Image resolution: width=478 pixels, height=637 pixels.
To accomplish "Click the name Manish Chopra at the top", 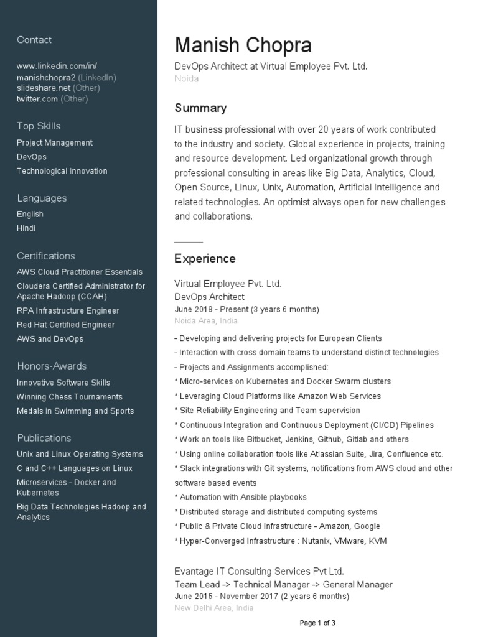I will click(x=243, y=45).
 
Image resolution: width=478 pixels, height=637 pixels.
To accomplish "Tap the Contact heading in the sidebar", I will click(x=34, y=40).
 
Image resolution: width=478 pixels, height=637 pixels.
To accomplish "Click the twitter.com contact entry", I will click(x=37, y=99).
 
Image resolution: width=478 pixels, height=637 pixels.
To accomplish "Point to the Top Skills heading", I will click(x=39, y=126).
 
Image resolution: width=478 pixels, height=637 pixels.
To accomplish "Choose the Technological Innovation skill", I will click(x=62, y=171).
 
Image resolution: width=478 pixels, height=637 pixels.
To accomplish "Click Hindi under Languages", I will click(x=26, y=228).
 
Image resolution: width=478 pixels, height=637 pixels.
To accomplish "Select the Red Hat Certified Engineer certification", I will click(x=65, y=325).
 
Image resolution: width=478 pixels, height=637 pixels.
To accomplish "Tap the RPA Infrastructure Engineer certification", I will click(x=68, y=310).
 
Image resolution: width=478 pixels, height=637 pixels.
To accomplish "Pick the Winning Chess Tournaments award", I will click(x=70, y=397).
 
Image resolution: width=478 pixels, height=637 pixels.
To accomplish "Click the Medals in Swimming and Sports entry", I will click(x=75, y=411).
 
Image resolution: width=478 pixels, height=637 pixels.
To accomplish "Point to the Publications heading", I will click(x=44, y=438).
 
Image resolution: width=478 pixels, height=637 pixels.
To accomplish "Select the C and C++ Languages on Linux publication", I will click(x=75, y=468).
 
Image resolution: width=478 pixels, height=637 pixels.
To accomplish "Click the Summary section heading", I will click(x=200, y=108).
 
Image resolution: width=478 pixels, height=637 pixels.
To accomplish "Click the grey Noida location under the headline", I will click(x=187, y=79).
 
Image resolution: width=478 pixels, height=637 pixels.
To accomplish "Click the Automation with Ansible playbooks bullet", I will click(x=243, y=498).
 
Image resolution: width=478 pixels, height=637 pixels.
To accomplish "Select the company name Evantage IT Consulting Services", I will click(x=259, y=571).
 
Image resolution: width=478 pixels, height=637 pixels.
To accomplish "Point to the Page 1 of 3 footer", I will click(x=317, y=623).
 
